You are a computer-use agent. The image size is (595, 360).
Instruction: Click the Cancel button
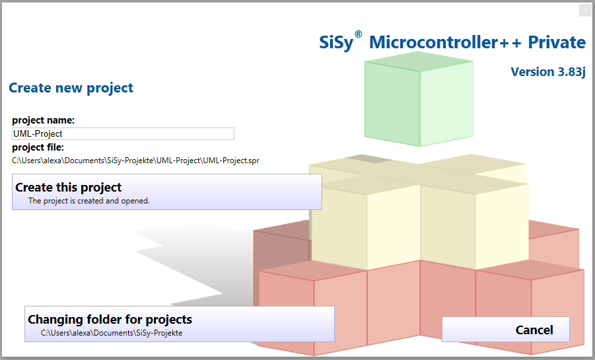(505, 329)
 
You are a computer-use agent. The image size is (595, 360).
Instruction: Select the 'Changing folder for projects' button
(180, 324)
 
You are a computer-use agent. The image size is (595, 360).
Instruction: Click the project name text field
(123, 133)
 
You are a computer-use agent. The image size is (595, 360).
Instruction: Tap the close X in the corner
(584, 11)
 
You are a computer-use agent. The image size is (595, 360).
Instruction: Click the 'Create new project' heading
(71, 88)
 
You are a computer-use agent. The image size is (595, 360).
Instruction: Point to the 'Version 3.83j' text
(548, 72)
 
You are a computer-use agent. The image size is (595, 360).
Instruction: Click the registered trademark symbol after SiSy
(358, 34)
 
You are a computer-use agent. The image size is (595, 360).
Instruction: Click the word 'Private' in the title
(557, 42)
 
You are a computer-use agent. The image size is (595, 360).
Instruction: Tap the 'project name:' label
(44, 120)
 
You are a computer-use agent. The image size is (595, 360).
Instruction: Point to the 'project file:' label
(38, 147)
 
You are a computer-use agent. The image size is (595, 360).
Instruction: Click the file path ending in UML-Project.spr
(135, 161)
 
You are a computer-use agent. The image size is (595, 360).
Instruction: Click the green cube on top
(419, 98)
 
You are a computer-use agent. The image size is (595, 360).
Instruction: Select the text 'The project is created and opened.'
(88, 201)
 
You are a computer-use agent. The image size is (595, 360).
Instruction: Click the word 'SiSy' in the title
(336, 42)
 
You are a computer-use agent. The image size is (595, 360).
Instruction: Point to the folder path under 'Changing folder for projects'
(112, 333)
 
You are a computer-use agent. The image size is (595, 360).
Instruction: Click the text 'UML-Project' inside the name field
(38, 133)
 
